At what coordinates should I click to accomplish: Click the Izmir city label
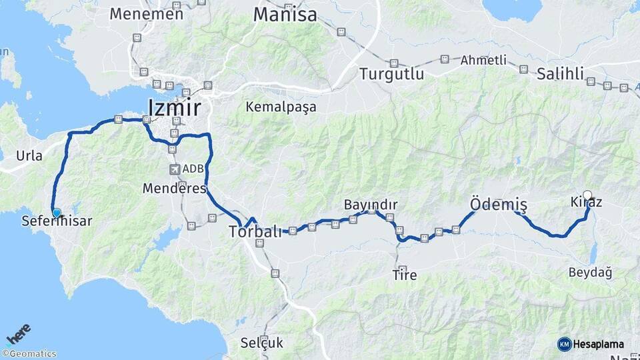tap(174, 107)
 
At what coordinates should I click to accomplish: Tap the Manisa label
tap(285, 15)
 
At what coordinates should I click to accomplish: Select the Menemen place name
tap(146, 13)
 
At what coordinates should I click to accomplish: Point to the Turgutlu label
tap(391, 74)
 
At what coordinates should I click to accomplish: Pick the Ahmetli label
tap(483, 60)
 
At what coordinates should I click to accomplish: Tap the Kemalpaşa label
tap(281, 107)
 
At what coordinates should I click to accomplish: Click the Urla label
tap(29, 156)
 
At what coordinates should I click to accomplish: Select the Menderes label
tap(175, 189)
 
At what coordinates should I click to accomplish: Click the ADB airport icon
tap(175, 169)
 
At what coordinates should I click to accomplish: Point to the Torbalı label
tap(255, 232)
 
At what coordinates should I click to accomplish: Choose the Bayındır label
tap(371, 204)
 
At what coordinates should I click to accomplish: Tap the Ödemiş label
tap(498, 204)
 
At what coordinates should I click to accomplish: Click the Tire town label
tap(405, 274)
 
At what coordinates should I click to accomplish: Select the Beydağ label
tap(590, 272)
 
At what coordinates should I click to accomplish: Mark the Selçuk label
tap(262, 343)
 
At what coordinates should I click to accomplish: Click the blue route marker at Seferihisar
tap(57, 213)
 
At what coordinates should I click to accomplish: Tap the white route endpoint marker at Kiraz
tap(587, 195)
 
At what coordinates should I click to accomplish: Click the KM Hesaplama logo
tap(591, 344)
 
